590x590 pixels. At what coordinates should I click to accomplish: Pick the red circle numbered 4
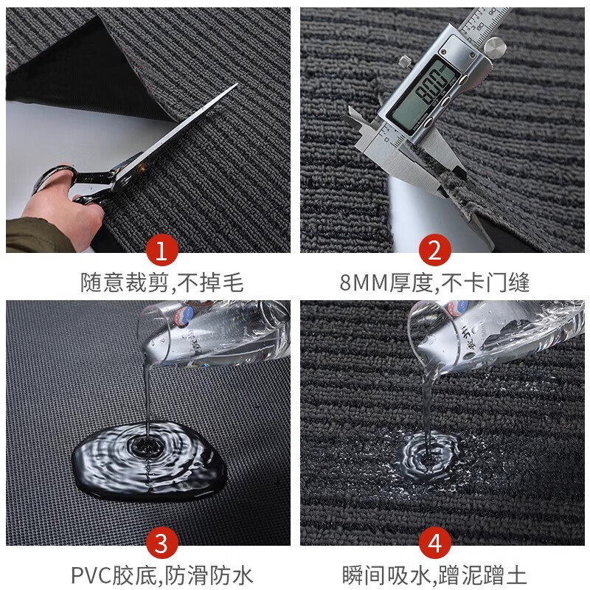(x=434, y=544)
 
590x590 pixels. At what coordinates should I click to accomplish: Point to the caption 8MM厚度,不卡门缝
(x=434, y=282)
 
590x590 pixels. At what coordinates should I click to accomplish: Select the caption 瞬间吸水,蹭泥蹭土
(x=434, y=574)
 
